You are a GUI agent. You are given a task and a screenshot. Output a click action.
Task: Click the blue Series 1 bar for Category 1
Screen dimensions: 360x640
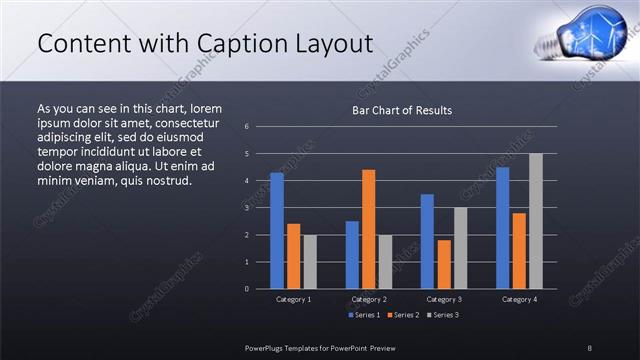tap(277, 231)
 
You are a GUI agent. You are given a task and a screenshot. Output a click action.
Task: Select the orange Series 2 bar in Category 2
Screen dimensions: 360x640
tap(369, 229)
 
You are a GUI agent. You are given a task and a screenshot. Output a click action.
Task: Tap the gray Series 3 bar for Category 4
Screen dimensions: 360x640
tap(536, 221)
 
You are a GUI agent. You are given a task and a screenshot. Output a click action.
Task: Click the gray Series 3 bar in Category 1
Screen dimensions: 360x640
tap(310, 262)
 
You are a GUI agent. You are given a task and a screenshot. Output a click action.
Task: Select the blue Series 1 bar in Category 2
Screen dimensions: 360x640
tap(352, 255)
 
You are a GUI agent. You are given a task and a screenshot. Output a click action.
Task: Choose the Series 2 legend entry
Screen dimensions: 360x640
tap(402, 315)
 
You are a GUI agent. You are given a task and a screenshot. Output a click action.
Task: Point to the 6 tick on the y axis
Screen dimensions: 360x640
tap(247, 127)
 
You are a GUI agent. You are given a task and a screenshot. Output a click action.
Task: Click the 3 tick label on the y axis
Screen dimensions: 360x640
tap(247, 208)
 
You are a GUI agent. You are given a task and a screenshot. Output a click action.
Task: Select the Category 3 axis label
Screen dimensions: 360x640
tap(444, 299)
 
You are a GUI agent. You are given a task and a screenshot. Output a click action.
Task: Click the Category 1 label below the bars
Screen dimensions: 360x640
tap(293, 299)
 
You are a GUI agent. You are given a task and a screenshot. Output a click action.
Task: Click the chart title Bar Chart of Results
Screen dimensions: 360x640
tap(402, 110)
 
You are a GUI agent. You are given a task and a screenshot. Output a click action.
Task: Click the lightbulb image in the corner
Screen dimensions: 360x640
tap(580, 34)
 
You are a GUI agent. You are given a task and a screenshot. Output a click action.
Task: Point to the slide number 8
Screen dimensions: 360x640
tap(590, 347)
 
